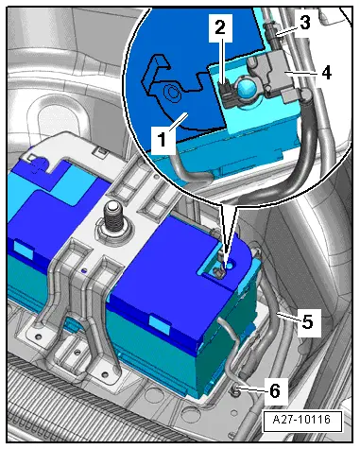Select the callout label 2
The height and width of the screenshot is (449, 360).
point(218,29)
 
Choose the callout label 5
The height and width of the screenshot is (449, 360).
point(308,320)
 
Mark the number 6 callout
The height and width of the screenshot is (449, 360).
point(276,388)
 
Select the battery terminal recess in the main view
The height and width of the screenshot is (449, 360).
point(218,269)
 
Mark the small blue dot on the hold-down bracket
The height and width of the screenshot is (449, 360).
point(83,270)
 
